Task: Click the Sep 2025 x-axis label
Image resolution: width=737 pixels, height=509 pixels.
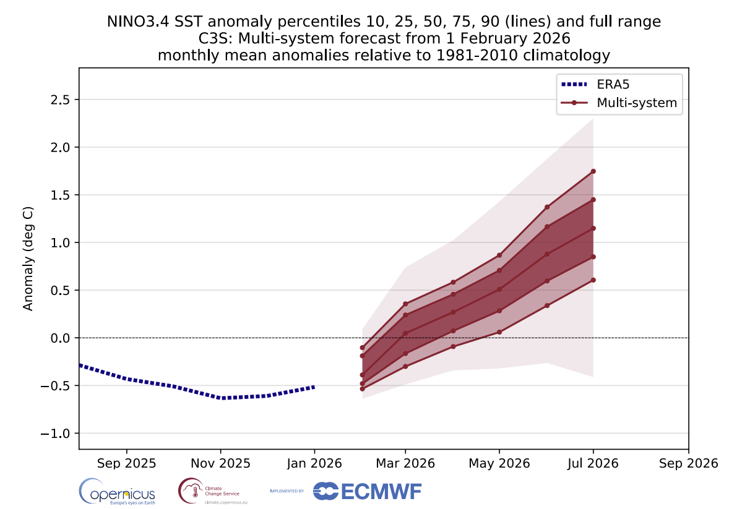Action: click(x=126, y=463)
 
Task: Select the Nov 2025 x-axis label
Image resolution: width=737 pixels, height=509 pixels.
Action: click(x=220, y=463)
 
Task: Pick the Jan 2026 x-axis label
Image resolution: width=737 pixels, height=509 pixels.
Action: click(x=314, y=463)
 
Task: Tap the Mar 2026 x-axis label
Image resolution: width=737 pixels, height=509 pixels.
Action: click(x=405, y=463)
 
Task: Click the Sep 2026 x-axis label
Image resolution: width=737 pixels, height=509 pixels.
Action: click(x=688, y=463)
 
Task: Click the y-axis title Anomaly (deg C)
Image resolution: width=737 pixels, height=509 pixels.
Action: click(x=28, y=258)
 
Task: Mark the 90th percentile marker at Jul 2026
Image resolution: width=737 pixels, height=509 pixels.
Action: click(x=593, y=171)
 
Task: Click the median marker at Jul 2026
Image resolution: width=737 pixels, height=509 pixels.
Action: click(x=593, y=228)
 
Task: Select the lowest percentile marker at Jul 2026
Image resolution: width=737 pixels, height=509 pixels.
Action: click(x=593, y=280)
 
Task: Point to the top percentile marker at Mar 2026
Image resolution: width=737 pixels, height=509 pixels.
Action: click(x=405, y=304)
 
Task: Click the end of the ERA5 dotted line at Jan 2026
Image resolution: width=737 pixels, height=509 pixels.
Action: click(x=314, y=387)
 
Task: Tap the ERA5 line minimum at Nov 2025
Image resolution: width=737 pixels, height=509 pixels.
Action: click(x=221, y=398)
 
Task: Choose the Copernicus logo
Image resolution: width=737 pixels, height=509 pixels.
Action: click(x=117, y=492)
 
